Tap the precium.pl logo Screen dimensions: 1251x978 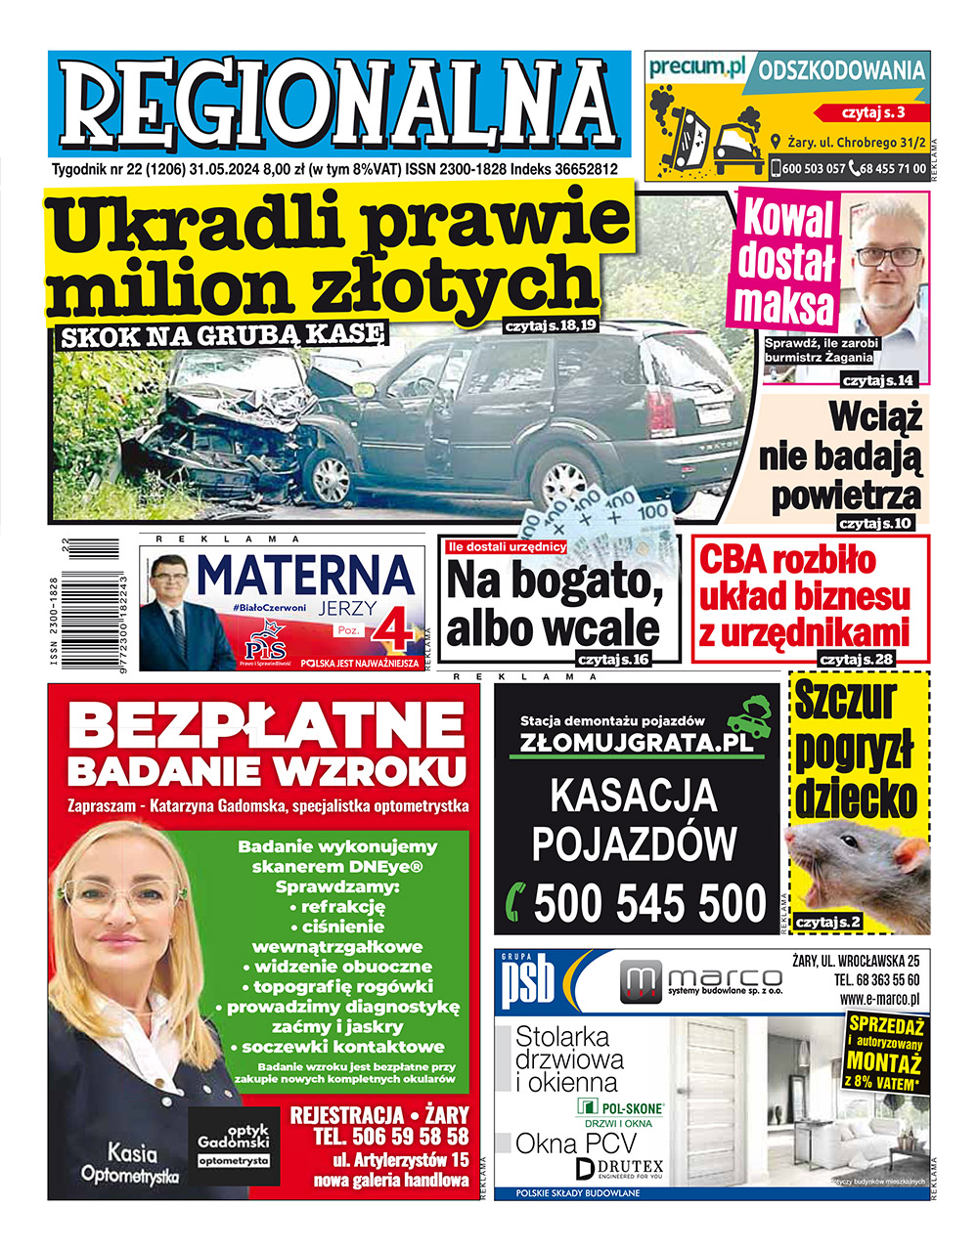[696, 66]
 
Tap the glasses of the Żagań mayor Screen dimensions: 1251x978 [891, 256]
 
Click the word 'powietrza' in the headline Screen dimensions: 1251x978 [846, 494]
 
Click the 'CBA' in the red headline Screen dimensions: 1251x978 [735, 560]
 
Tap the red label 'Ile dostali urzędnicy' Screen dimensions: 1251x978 [507, 547]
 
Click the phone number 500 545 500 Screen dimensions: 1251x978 [649, 902]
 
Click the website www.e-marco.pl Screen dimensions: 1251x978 [878, 999]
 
